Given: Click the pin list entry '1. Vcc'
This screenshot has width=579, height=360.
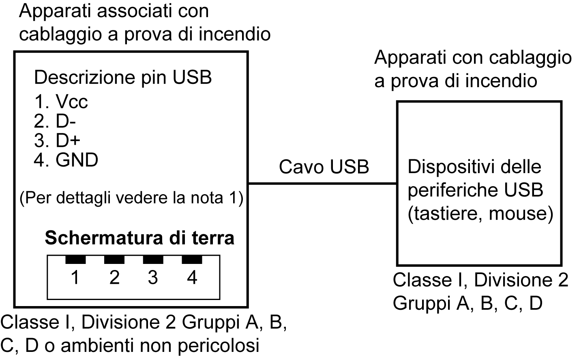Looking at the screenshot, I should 61,102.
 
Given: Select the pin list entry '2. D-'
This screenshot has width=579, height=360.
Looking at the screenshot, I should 55,121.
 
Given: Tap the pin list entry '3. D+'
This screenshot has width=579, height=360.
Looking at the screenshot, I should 57,140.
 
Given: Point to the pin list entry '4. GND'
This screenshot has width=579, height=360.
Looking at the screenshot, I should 66,160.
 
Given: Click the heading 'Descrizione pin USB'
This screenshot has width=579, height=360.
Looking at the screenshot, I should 123,77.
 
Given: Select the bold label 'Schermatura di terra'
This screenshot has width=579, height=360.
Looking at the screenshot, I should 139,238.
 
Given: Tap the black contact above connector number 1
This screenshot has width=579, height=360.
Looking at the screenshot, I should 75,259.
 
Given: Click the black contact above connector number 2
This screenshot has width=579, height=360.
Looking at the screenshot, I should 114,259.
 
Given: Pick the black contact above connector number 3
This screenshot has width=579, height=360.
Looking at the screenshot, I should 153,259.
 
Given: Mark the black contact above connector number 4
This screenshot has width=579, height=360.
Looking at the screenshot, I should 192,259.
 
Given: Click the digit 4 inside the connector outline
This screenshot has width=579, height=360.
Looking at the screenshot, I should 192,278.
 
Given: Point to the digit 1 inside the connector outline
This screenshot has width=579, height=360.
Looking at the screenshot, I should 75,278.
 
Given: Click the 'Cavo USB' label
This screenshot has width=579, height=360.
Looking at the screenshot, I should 324,167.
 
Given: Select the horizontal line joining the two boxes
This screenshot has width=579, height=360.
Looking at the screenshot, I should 322,184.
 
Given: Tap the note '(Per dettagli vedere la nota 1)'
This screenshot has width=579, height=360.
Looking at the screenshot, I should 131,198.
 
